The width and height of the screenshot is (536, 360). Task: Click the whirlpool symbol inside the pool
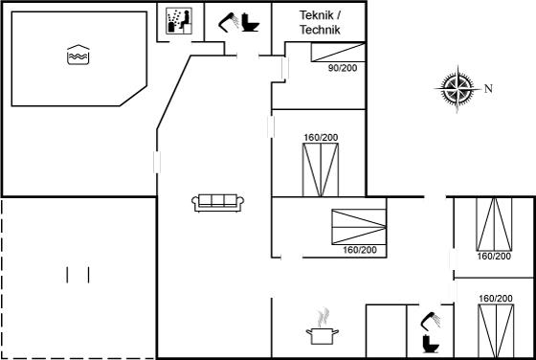coord(78,55)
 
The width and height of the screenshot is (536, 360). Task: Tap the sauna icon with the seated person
coord(179,21)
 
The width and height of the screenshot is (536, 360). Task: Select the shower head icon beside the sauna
coord(229,22)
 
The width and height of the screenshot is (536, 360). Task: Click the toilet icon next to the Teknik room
coord(250,23)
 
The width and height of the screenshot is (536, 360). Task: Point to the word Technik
coord(321,30)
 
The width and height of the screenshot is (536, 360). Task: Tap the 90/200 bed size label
coord(343,68)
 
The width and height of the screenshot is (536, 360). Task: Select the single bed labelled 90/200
coord(338,53)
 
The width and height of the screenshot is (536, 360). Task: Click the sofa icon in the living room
coord(218,203)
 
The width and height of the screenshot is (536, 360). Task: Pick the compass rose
coord(458,88)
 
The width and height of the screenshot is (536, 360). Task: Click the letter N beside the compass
coord(488,89)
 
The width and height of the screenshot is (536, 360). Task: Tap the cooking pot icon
coord(323,336)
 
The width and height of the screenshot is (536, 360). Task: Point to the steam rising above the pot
coord(324,317)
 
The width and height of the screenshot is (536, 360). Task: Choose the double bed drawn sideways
coord(359,227)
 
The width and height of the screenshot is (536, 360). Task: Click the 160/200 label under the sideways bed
coord(360,250)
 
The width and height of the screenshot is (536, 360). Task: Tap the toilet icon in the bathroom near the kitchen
coord(431,344)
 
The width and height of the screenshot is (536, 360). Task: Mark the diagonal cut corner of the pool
coord(133,96)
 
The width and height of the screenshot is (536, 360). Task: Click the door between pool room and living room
coord(157,162)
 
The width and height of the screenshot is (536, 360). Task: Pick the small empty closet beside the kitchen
coord(387,331)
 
